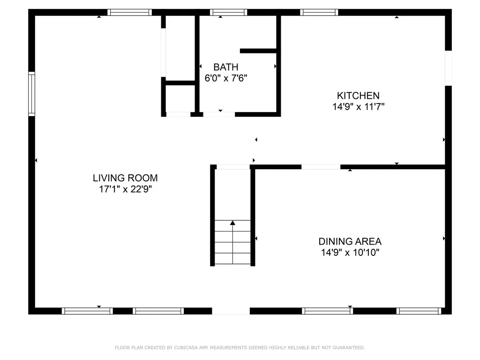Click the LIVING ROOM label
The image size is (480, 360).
coord(125,178)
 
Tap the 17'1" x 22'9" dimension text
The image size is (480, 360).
coord(125,189)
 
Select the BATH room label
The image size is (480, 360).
coord(226,67)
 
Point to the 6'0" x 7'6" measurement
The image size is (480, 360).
coord(226,78)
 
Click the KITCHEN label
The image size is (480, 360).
coord(359,96)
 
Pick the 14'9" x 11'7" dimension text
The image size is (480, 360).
coord(359,107)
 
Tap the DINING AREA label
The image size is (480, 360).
coord(350,241)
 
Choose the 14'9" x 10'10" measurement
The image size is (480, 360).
coord(350,253)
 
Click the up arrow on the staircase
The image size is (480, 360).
coord(232,223)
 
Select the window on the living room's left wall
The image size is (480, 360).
coord(31,94)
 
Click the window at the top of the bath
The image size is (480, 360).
coord(228,13)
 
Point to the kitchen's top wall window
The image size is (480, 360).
coord(319,13)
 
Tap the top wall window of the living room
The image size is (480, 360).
coord(130,13)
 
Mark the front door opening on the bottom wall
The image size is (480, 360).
coord(231,311)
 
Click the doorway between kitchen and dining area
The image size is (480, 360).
coord(321,167)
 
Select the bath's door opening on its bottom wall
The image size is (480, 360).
coord(219,114)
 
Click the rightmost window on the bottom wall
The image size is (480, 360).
coord(419,311)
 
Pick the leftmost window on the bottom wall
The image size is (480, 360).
coord(87,311)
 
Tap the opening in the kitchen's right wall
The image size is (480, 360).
coord(448,68)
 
